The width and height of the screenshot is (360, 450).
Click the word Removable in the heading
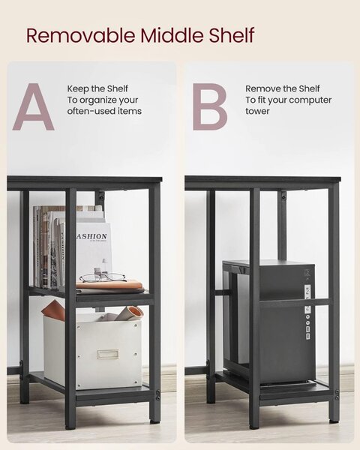[81, 35]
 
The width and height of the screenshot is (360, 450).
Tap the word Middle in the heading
[172, 35]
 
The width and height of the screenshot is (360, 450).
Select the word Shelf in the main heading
[232, 35]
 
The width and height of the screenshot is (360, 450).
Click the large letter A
[34, 106]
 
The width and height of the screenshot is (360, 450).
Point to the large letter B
[209, 106]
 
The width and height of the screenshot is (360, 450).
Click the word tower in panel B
[257, 111]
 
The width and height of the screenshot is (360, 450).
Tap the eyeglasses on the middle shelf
[103, 277]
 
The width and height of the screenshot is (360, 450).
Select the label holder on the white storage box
[108, 354]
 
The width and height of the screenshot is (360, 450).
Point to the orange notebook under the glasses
[109, 285]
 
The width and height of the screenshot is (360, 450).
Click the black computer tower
[270, 322]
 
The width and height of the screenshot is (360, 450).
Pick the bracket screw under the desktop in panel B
[283, 196]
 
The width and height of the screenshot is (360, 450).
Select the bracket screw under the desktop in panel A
[101, 196]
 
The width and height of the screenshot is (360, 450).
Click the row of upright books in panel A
[49, 247]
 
